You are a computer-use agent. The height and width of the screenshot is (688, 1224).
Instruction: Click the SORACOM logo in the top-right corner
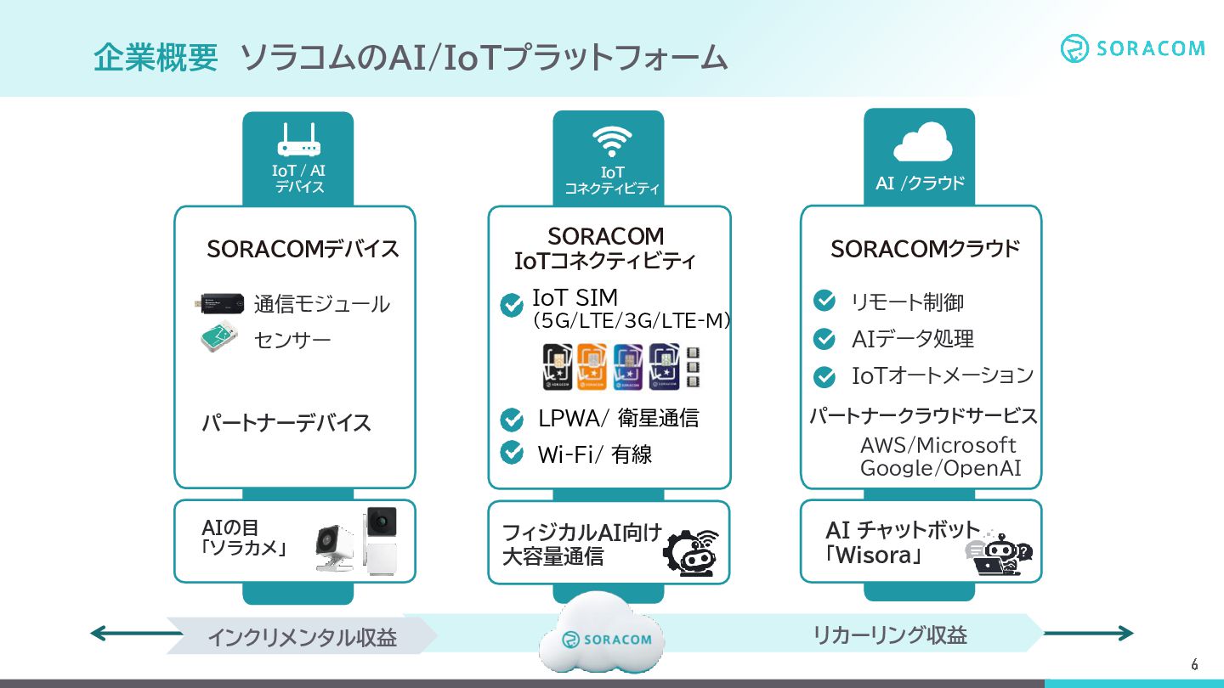[x=1132, y=48]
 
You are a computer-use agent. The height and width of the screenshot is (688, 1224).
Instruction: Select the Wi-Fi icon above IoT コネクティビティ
[x=612, y=142]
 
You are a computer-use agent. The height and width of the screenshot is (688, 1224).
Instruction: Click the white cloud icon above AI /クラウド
[x=921, y=144]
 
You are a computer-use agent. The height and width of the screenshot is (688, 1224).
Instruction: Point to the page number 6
[x=1194, y=664]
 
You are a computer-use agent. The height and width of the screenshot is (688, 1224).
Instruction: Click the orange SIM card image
[x=591, y=367]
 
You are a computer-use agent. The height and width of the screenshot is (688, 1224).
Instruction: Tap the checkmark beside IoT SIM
[x=512, y=305]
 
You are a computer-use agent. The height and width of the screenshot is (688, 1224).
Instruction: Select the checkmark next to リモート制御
[x=824, y=301]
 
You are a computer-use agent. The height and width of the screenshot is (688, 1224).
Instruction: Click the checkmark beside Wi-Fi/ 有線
[x=512, y=453]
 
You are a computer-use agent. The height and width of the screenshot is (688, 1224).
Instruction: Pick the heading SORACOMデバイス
[x=303, y=250]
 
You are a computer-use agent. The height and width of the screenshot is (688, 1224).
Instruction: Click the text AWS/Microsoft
[x=938, y=445]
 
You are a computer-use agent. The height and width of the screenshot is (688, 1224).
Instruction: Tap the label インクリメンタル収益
[x=302, y=637]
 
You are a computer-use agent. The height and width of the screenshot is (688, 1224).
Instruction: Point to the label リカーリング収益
[x=890, y=635]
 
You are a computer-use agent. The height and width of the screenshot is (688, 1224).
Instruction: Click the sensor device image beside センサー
[x=220, y=339]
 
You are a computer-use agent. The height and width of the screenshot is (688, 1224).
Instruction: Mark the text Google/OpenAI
[x=940, y=468]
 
